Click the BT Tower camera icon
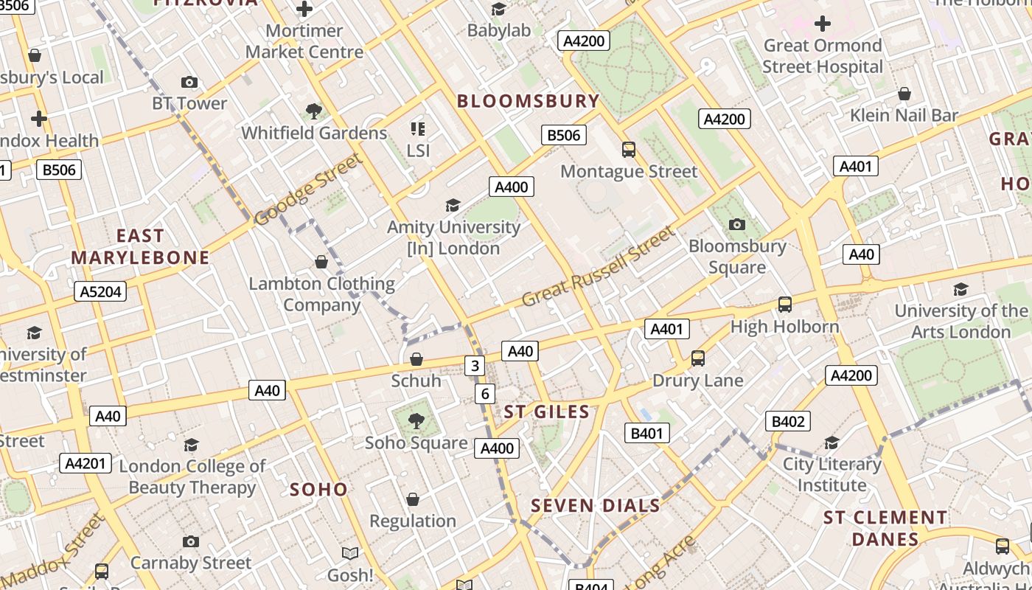(189, 82)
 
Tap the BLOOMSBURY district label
(528, 101)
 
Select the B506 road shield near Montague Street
(564, 135)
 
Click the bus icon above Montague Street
(629, 150)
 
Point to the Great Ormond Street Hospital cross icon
(823, 24)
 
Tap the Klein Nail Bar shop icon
(904, 94)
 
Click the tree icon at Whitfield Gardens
(315, 111)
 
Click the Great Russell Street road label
(598, 267)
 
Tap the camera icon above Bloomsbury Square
(736, 224)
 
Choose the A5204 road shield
(100, 291)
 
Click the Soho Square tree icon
(416, 421)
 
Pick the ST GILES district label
(547, 412)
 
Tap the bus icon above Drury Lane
(697, 358)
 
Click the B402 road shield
(787, 421)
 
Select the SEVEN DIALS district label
(596, 505)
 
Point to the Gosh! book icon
(350, 553)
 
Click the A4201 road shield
(86, 463)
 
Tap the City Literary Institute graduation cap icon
(831, 442)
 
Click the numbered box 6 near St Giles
(484, 394)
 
